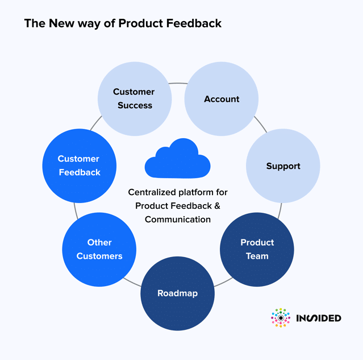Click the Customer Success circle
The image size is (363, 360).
click(x=135, y=99)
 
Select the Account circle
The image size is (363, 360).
click(x=222, y=99)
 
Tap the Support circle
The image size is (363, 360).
click(x=283, y=166)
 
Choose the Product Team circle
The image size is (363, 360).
click(x=257, y=250)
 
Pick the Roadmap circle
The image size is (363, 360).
click(x=178, y=293)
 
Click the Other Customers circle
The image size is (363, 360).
click(x=99, y=250)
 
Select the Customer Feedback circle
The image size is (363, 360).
click(x=79, y=165)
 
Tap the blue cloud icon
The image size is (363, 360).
click(x=178, y=158)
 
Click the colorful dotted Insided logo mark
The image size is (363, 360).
click(x=281, y=318)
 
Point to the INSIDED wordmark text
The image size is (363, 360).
click(x=319, y=318)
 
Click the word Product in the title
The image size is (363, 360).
click(x=141, y=23)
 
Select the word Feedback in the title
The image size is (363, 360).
click(x=194, y=23)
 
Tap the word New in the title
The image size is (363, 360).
click(x=61, y=23)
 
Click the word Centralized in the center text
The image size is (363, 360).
click(x=152, y=192)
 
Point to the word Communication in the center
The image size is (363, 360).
click(x=178, y=220)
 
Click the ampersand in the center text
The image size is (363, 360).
click(x=217, y=206)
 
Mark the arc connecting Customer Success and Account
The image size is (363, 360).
click(x=178, y=83)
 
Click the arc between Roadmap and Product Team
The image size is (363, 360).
click(x=223, y=283)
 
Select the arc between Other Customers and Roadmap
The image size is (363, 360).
click(x=132, y=282)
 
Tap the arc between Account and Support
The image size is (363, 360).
click(x=261, y=124)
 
